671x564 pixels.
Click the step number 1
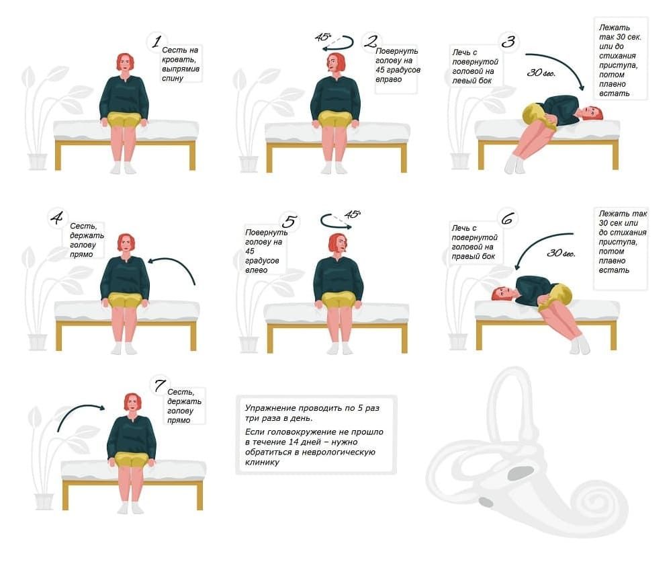pos(156,42)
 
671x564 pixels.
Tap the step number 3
pos(508,42)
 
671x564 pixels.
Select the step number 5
pos(289,221)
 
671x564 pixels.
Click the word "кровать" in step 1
pos(179,60)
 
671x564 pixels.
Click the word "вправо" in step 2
pos(389,79)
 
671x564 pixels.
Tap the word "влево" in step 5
pos(257,270)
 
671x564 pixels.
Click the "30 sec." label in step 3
pos(541,73)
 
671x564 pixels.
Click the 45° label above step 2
pos(323,37)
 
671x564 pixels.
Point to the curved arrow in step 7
pos(80,414)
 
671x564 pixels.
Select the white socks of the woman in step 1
pos(123,168)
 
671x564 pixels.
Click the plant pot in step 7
pos(44,501)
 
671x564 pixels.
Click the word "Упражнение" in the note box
pos(269,408)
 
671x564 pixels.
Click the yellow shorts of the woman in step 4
pos(125,299)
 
